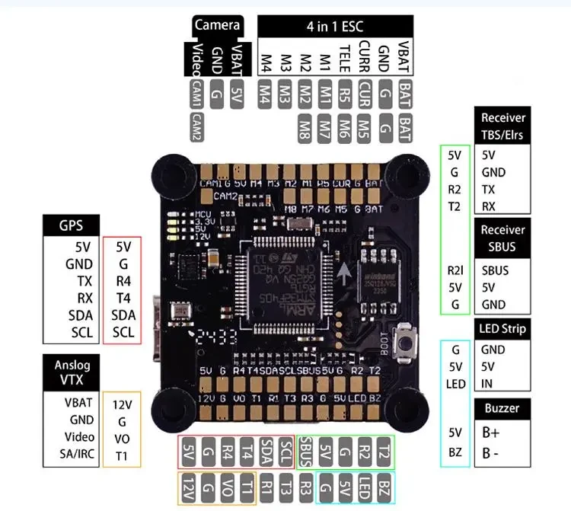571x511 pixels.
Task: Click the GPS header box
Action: (x=72, y=225)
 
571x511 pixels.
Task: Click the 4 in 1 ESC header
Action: (x=335, y=26)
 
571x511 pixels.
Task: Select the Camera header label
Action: (x=217, y=25)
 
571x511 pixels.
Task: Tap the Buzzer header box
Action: (x=502, y=409)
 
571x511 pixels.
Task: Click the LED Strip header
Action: (x=502, y=329)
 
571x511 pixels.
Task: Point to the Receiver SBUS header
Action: (x=502, y=238)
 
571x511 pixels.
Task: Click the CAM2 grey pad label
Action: (x=196, y=123)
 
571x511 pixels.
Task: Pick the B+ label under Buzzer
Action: (x=490, y=433)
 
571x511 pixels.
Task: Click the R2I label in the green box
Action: (x=455, y=270)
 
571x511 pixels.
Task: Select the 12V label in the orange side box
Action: (x=122, y=404)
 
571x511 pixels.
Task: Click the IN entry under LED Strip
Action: (x=487, y=384)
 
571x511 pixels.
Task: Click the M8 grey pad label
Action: (x=305, y=124)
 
